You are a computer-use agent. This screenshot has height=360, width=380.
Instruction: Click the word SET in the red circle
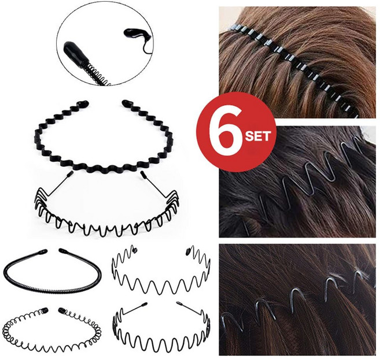257,136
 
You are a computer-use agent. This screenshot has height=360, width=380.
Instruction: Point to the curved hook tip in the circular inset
135,34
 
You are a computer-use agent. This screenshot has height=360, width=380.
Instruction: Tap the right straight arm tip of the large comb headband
143,174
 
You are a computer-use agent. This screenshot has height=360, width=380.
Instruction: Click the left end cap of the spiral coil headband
45,310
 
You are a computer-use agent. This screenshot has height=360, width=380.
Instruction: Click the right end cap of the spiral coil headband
61,310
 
